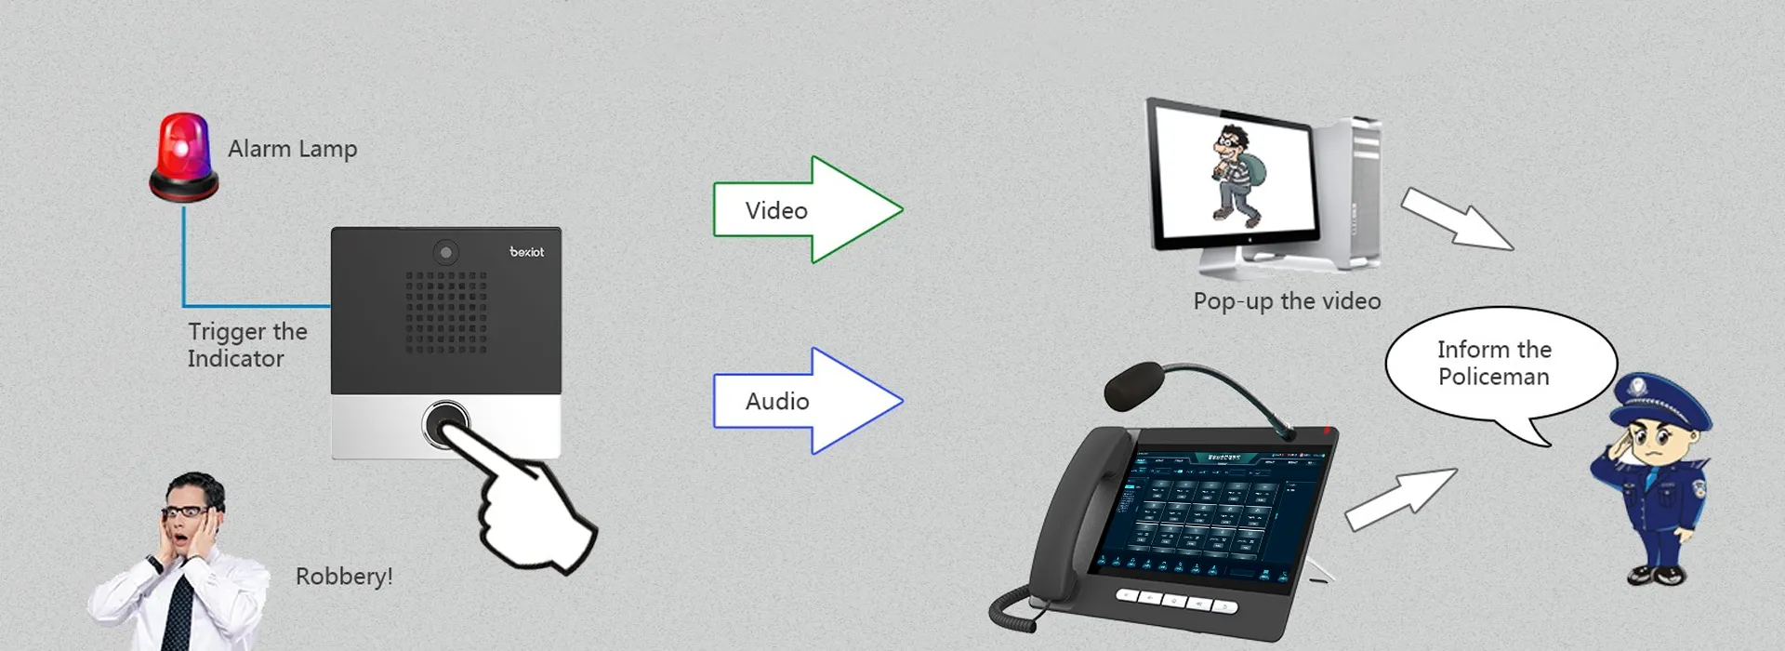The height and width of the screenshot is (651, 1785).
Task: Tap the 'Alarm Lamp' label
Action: pyautogui.click(x=292, y=149)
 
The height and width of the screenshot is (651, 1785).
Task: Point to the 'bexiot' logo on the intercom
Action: pyautogui.click(x=526, y=252)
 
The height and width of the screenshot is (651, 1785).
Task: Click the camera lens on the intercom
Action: pyautogui.click(x=446, y=252)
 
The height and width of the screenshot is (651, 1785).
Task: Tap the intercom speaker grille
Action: pyautogui.click(x=446, y=312)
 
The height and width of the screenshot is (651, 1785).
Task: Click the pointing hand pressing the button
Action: pyautogui.click(x=530, y=511)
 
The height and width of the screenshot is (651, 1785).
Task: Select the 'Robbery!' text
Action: pyautogui.click(x=344, y=577)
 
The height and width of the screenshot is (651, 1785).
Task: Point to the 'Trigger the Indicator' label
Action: pyautogui.click(x=246, y=345)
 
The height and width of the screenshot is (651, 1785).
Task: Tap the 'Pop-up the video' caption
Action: pyautogui.click(x=1287, y=301)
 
